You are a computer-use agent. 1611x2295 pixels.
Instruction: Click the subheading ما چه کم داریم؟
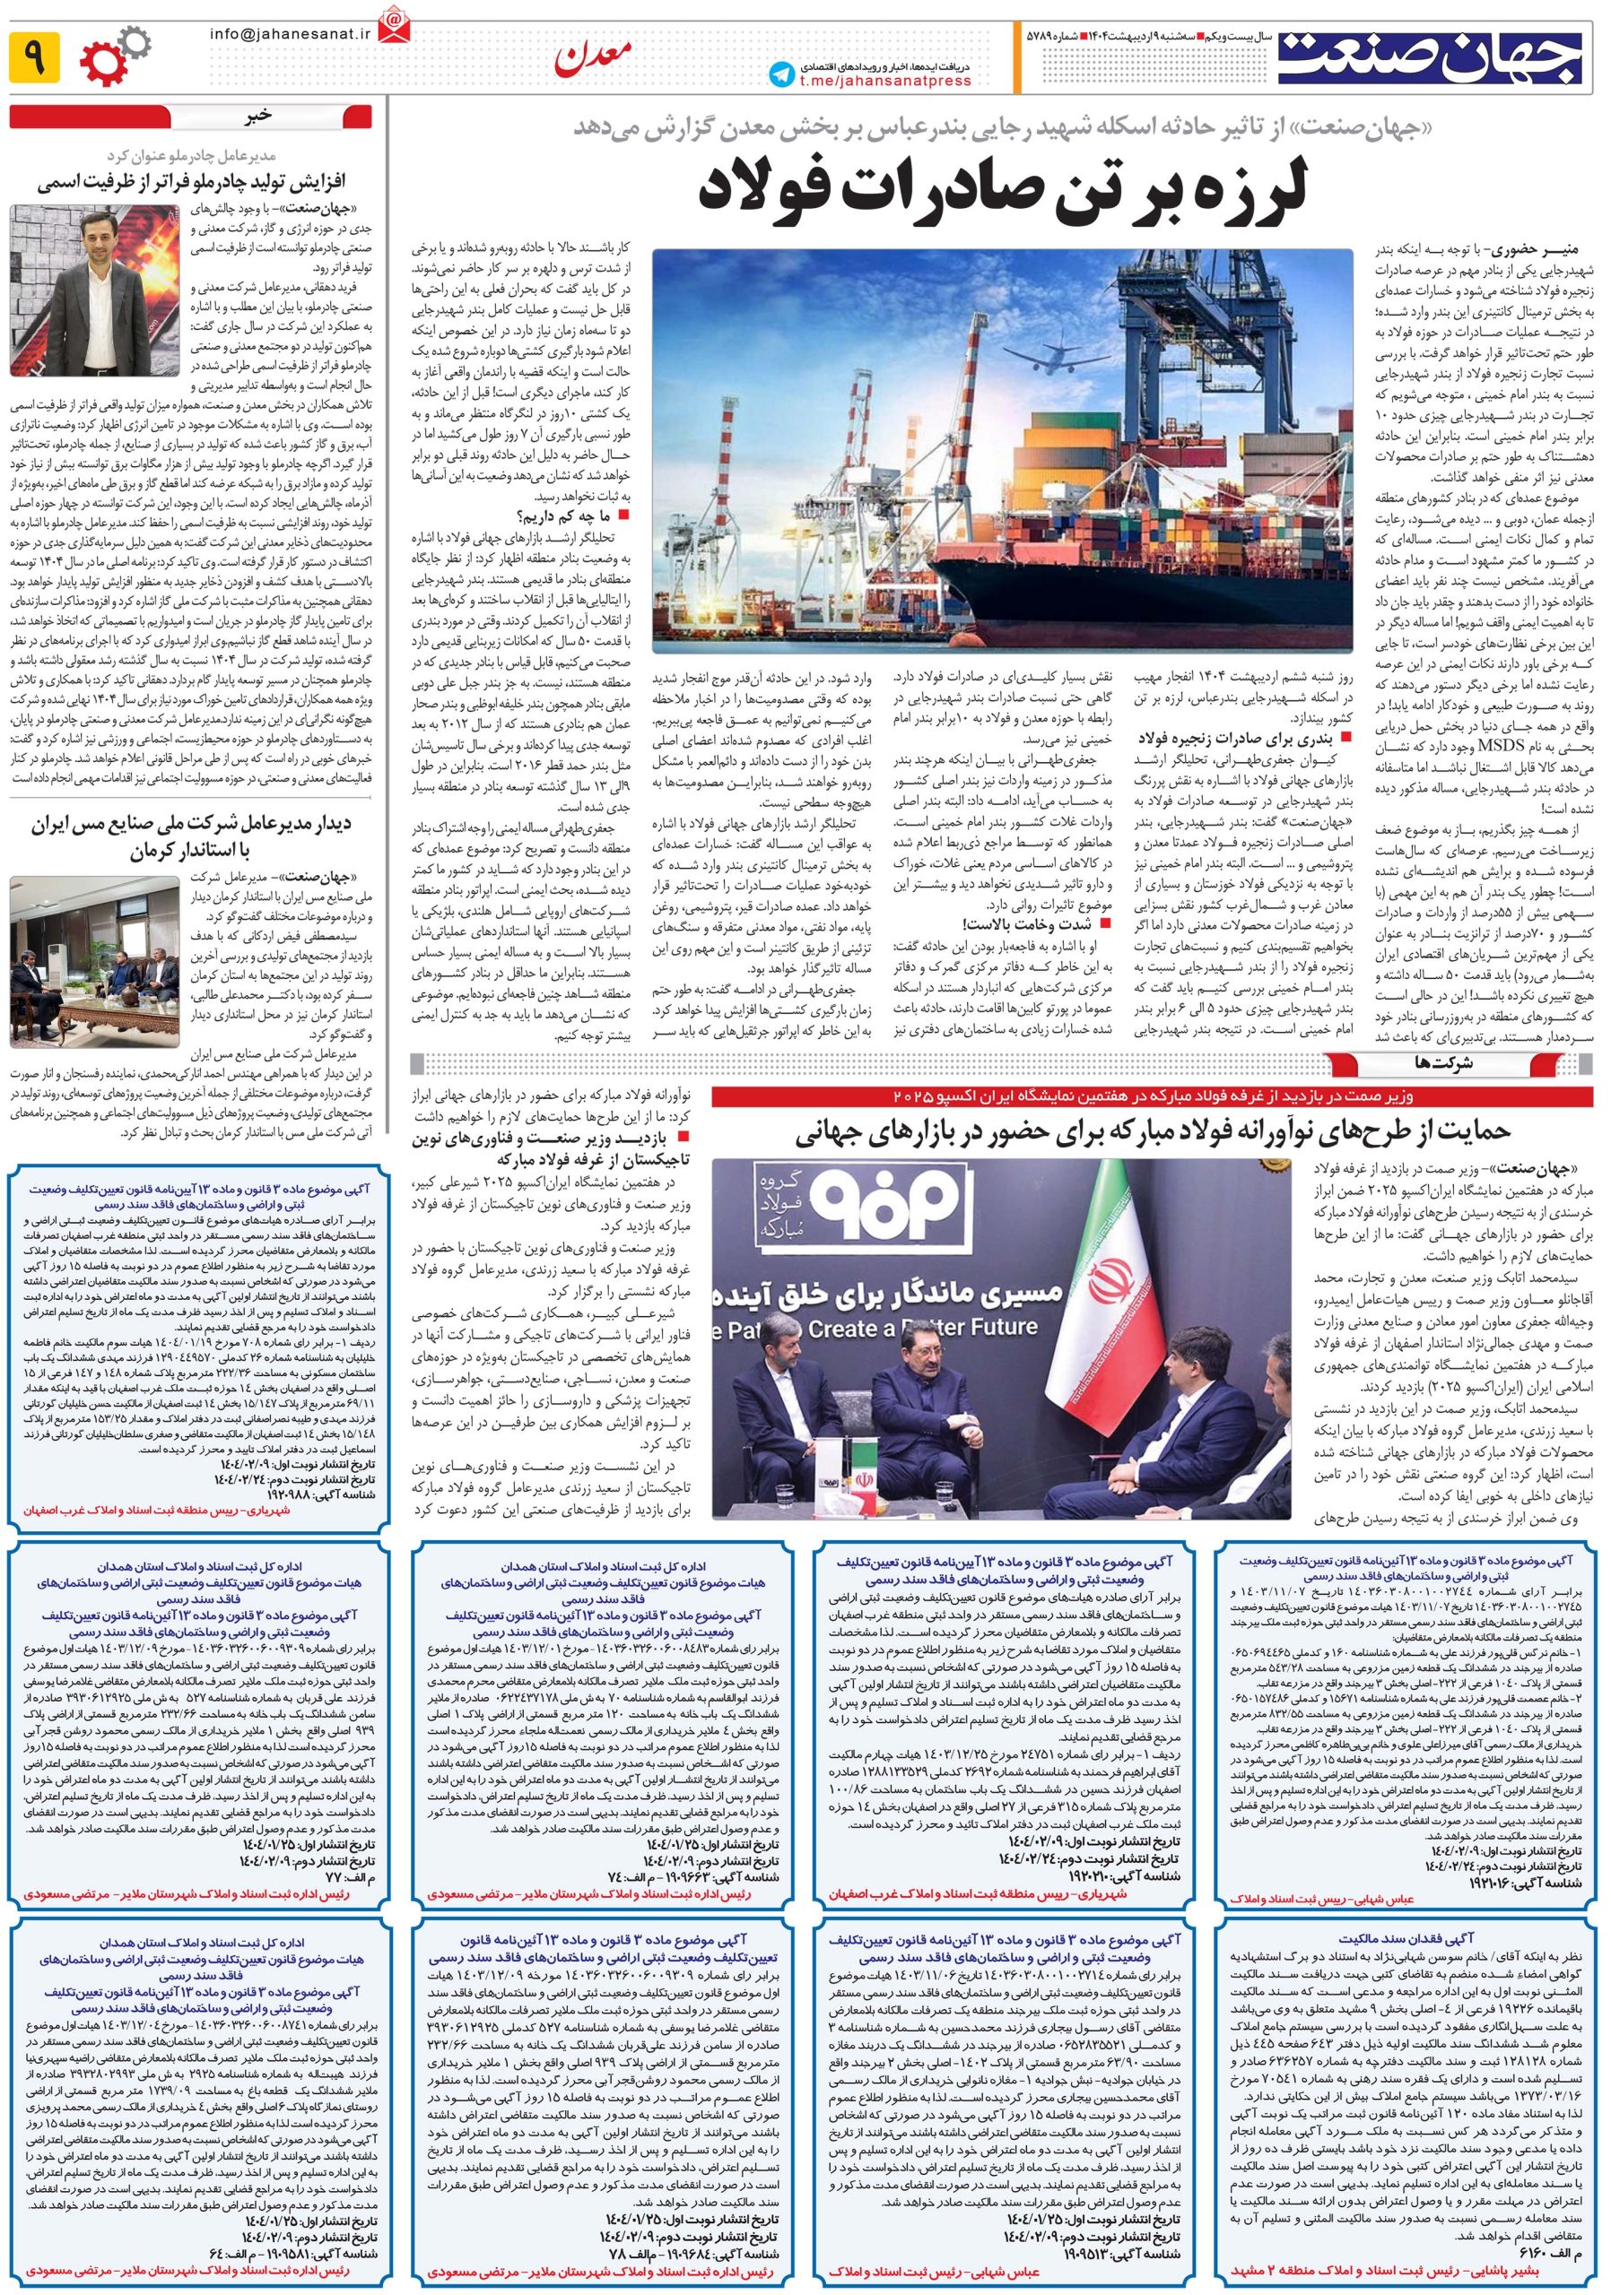[565, 515]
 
